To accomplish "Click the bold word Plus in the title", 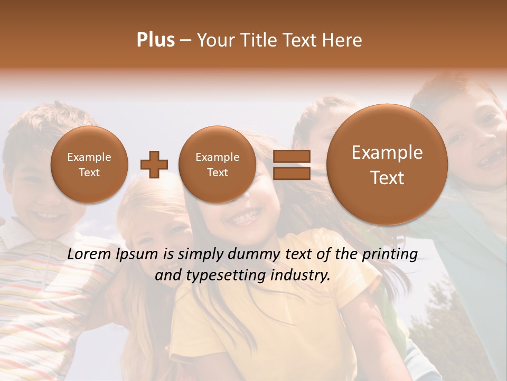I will pos(155,40).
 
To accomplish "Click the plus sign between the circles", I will pos(154,165).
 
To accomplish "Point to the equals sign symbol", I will pos(292,165).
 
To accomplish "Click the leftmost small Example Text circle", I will pos(89,165).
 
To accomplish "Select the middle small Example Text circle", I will pos(218,165).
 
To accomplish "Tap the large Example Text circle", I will pos(387,165).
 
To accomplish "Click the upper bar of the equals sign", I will pos(292,157).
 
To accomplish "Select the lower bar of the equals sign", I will pos(292,173).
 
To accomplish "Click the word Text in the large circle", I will pos(387,178).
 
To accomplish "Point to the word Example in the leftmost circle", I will pos(89,157).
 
